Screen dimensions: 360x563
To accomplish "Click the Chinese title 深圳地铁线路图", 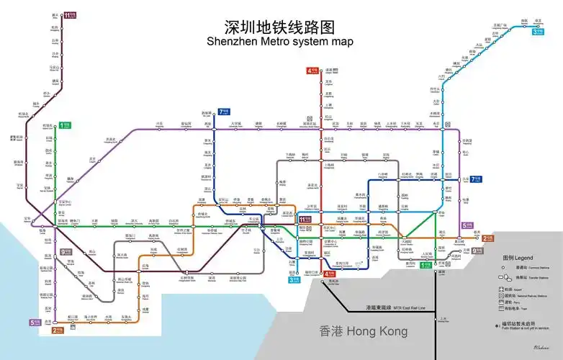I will point(280,27).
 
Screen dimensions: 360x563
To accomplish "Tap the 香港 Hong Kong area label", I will point(363,331).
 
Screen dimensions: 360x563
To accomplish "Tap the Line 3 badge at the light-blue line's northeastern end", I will point(537,31).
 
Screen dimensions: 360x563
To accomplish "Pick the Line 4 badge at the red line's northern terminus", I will point(312,71).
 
